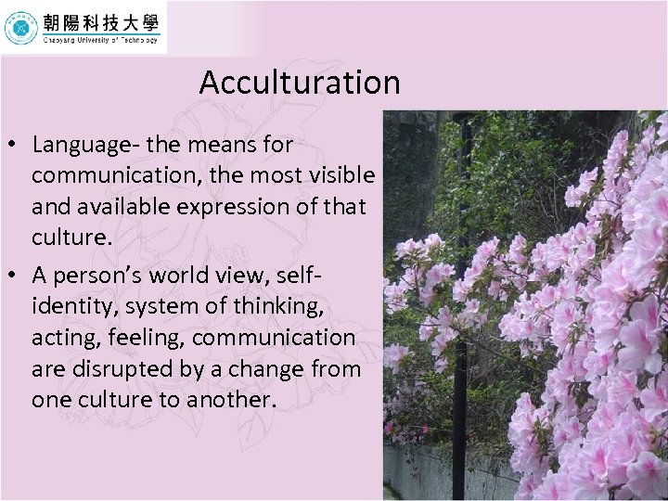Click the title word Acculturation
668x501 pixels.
299,83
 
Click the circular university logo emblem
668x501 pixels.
20,28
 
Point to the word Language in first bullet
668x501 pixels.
76,145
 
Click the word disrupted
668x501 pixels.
119,368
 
